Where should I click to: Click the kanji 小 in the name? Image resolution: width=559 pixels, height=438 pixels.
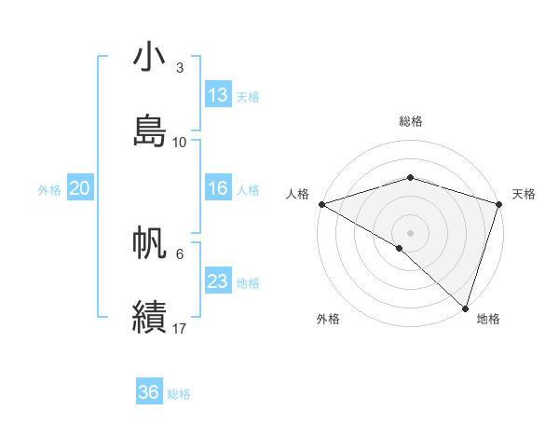[150, 59]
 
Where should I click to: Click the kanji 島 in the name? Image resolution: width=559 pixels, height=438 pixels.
[150, 130]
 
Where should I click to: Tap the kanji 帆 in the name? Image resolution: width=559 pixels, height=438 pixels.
[150, 244]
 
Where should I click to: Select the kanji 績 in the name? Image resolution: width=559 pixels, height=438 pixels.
[150, 316]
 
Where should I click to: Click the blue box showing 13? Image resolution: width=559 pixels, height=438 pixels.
[218, 95]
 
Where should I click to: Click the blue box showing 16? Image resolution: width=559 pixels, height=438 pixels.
[218, 188]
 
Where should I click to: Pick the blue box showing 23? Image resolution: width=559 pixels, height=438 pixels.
[218, 281]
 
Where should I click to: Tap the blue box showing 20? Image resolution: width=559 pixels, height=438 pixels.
[80, 188]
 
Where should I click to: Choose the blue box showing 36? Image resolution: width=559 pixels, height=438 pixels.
[149, 392]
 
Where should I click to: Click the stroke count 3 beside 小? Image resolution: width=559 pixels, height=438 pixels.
[180, 68]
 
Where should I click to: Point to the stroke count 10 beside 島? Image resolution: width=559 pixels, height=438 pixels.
[180, 142]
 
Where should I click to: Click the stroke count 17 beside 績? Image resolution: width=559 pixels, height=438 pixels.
[180, 328]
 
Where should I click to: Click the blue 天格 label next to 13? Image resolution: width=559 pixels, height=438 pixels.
[248, 96]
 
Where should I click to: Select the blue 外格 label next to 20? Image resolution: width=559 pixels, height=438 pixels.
[49, 189]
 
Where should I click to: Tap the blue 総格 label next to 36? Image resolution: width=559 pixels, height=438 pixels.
[179, 393]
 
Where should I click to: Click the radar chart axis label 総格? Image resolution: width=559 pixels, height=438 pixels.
[411, 121]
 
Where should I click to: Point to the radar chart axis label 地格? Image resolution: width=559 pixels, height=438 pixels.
[488, 319]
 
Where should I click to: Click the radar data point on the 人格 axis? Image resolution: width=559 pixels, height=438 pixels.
[320, 204]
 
